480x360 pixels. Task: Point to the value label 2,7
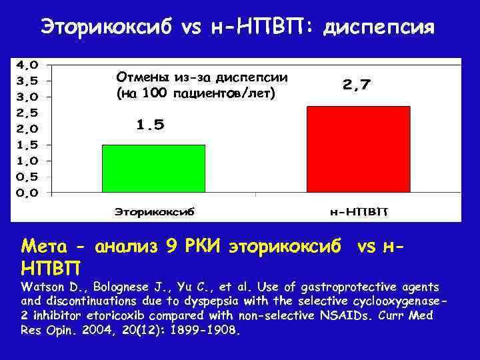[357, 85]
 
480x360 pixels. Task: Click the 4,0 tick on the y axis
[27, 65]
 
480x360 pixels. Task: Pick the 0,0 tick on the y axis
[27, 193]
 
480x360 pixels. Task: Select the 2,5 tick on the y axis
[27, 113]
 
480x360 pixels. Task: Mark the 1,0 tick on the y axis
[27, 161]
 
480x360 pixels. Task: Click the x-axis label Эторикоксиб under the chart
[154, 212]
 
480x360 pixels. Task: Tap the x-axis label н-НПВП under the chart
[359, 212]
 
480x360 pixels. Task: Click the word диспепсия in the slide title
[379, 27]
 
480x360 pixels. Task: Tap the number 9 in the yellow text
[171, 246]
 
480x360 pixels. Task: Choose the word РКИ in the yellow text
[203, 246]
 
